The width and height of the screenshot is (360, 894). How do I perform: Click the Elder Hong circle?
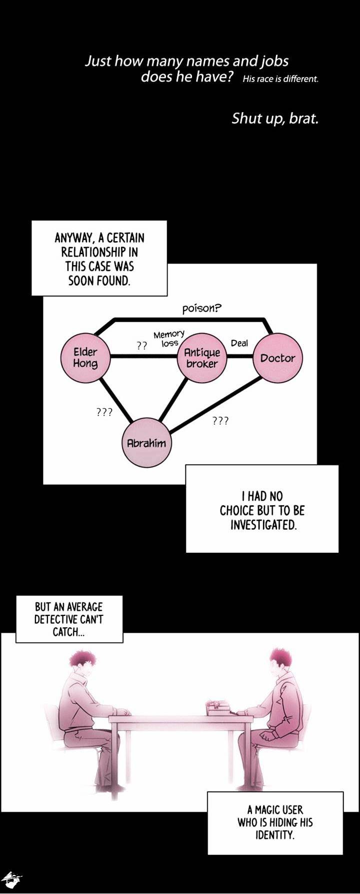click(x=85, y=358)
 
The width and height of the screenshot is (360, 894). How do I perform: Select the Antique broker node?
click(x=202, y=358)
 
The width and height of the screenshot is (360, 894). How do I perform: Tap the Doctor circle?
click(x=277, y=358)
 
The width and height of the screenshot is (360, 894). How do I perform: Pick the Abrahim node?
click(x=146, y=443)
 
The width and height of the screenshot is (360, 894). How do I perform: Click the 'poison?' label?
click(x=201, y=308)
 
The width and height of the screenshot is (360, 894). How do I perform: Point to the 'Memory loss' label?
click(x=169, y=338)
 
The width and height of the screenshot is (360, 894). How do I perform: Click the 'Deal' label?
click(x=239, y=343)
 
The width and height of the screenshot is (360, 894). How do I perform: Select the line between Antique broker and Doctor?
click(x=239, y=357)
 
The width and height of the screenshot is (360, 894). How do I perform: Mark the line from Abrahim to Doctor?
click(x=215, y=405)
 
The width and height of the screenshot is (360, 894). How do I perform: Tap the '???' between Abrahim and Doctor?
click(x=220, y=421)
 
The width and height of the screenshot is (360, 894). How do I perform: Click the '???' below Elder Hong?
click(x=104, y=412)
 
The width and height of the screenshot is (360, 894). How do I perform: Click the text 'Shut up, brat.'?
click(x=275, y=119)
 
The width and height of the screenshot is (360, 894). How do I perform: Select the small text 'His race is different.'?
click(x=280, y=79)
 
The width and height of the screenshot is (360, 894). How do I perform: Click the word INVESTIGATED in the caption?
click(x=263, y=525)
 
